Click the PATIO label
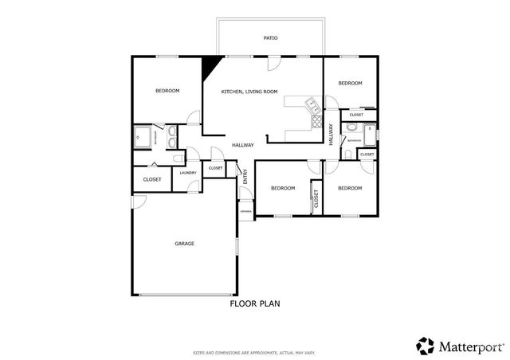pyautogui.click(x=271, y=37)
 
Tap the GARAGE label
pyautogui.click(x=185, y=244)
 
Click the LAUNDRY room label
pyautogui.click(x=188, y=173)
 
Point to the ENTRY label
pyautogui.click(x=245, y=181)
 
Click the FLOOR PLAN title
pyautogui.click(x=255, y=303)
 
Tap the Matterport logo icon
pyautogui.click(x=425, y=345)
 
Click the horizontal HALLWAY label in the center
pyautogui.click(x=243, y=145)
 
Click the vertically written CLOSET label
pyautogui.click(x=316, y=199)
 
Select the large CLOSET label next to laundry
pyautogui.click(x=152, y=179)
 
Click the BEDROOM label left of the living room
pyautogui.click(x=167, y=91)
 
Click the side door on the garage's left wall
pyautogui.click(x=135, y=203)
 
